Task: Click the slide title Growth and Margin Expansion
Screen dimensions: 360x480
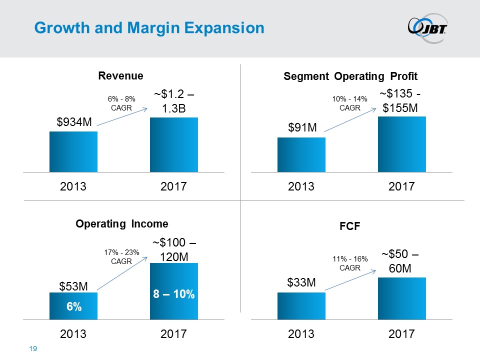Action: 148,28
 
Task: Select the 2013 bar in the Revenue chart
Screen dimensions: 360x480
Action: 73,151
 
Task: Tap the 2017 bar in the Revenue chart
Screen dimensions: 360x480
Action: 174,144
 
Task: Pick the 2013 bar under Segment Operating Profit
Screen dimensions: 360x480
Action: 301,154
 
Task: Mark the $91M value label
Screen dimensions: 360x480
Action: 303,127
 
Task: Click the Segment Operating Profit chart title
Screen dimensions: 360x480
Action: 350,76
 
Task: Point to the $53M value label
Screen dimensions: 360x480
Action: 73,286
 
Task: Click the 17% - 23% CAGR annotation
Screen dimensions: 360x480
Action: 121,257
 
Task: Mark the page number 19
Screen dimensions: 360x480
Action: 34,348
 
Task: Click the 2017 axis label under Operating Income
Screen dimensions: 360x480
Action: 174,334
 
